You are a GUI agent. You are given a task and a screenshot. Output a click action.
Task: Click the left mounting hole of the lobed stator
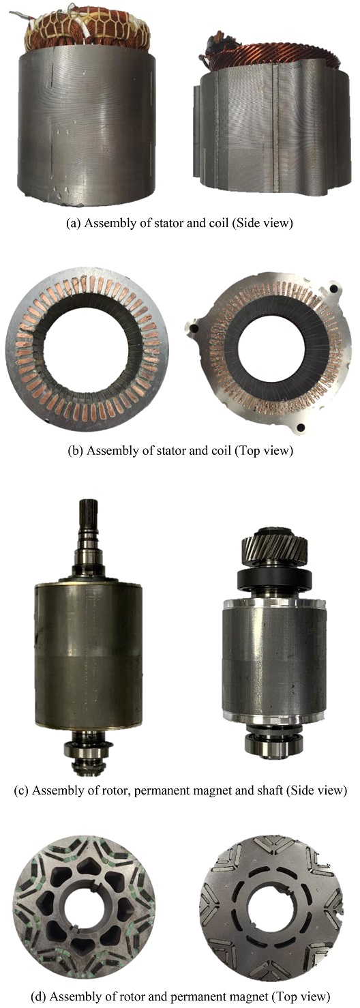point(194,329)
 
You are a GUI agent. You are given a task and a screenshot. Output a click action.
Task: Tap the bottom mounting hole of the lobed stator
point(301,427)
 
